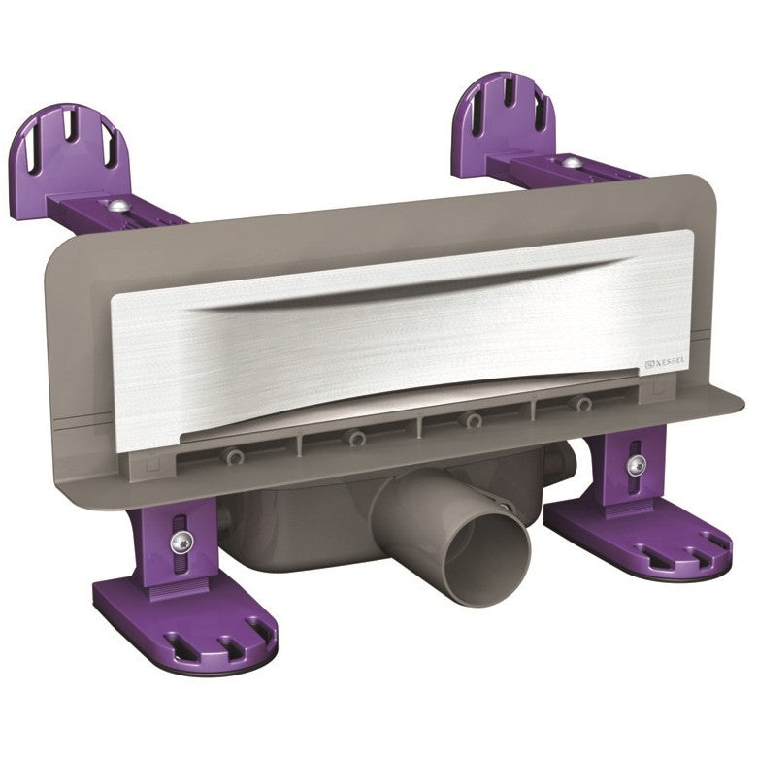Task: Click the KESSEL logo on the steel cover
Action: pos(665,363)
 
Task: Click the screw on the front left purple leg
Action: pos(181,543)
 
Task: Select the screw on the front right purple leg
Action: pos(637,465)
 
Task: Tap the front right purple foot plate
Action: pos(638,540)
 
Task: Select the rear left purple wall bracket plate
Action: pos(71,149)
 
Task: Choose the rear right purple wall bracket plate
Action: pos(505,118)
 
